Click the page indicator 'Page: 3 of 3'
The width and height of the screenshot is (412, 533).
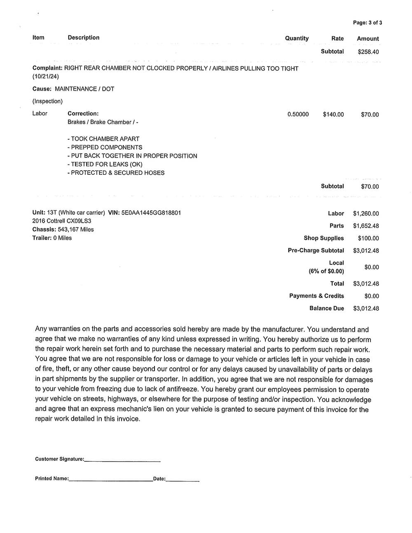tap(367, 23)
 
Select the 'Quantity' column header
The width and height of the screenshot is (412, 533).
tap(297, 38)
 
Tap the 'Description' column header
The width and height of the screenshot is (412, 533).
tap(83, 38)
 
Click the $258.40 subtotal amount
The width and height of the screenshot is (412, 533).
tap(368, 52)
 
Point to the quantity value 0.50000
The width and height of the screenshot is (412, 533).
tap(298, 115)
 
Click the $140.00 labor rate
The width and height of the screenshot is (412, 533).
tap(333, 115)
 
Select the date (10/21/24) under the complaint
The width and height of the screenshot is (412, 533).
tap(46, 77)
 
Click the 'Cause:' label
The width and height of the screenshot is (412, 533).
tap(42, 89)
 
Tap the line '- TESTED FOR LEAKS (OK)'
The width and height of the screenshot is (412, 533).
tap(105, 164)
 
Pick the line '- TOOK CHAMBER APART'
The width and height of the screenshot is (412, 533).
tap(103, 139)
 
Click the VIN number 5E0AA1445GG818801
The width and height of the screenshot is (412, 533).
tap(151, 213)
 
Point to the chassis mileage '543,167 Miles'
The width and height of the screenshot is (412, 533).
tap(76, 230)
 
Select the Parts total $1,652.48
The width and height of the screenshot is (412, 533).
tap(366, 226)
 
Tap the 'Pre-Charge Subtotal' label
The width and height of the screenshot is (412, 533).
tap(316, 251)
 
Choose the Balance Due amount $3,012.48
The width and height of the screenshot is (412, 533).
tap(366, 308)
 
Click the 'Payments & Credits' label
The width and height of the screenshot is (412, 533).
tap(316, 296)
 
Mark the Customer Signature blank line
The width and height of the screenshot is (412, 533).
tap(122, 460)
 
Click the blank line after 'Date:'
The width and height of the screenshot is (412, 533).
tap(183, 480)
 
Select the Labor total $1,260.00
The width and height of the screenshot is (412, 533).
tap(366, 214)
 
